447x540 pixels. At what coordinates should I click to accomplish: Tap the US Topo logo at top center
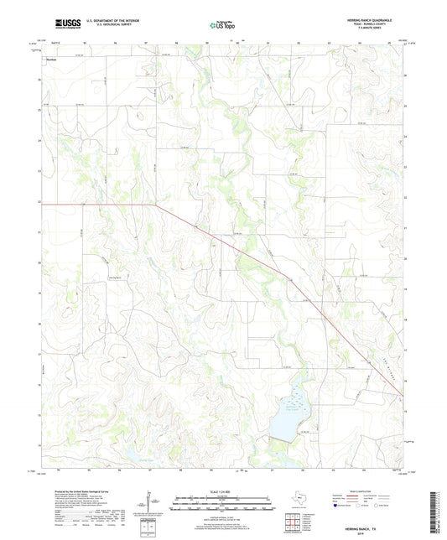(x=222, y=26)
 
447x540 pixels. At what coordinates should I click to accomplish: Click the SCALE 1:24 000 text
(x=224, y=492)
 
